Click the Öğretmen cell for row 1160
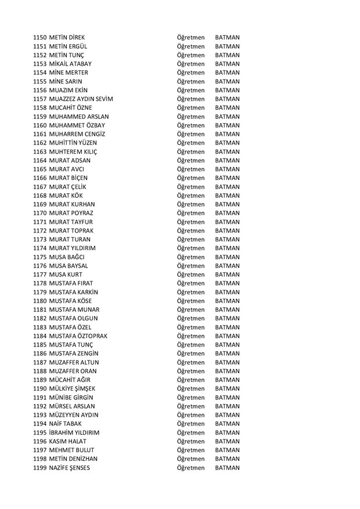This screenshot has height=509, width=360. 191,125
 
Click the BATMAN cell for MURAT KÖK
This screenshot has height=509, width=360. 227,196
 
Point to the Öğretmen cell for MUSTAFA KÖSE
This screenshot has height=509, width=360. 191,301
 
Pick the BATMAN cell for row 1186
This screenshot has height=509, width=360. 227,353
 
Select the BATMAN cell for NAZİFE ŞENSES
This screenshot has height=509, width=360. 227,468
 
